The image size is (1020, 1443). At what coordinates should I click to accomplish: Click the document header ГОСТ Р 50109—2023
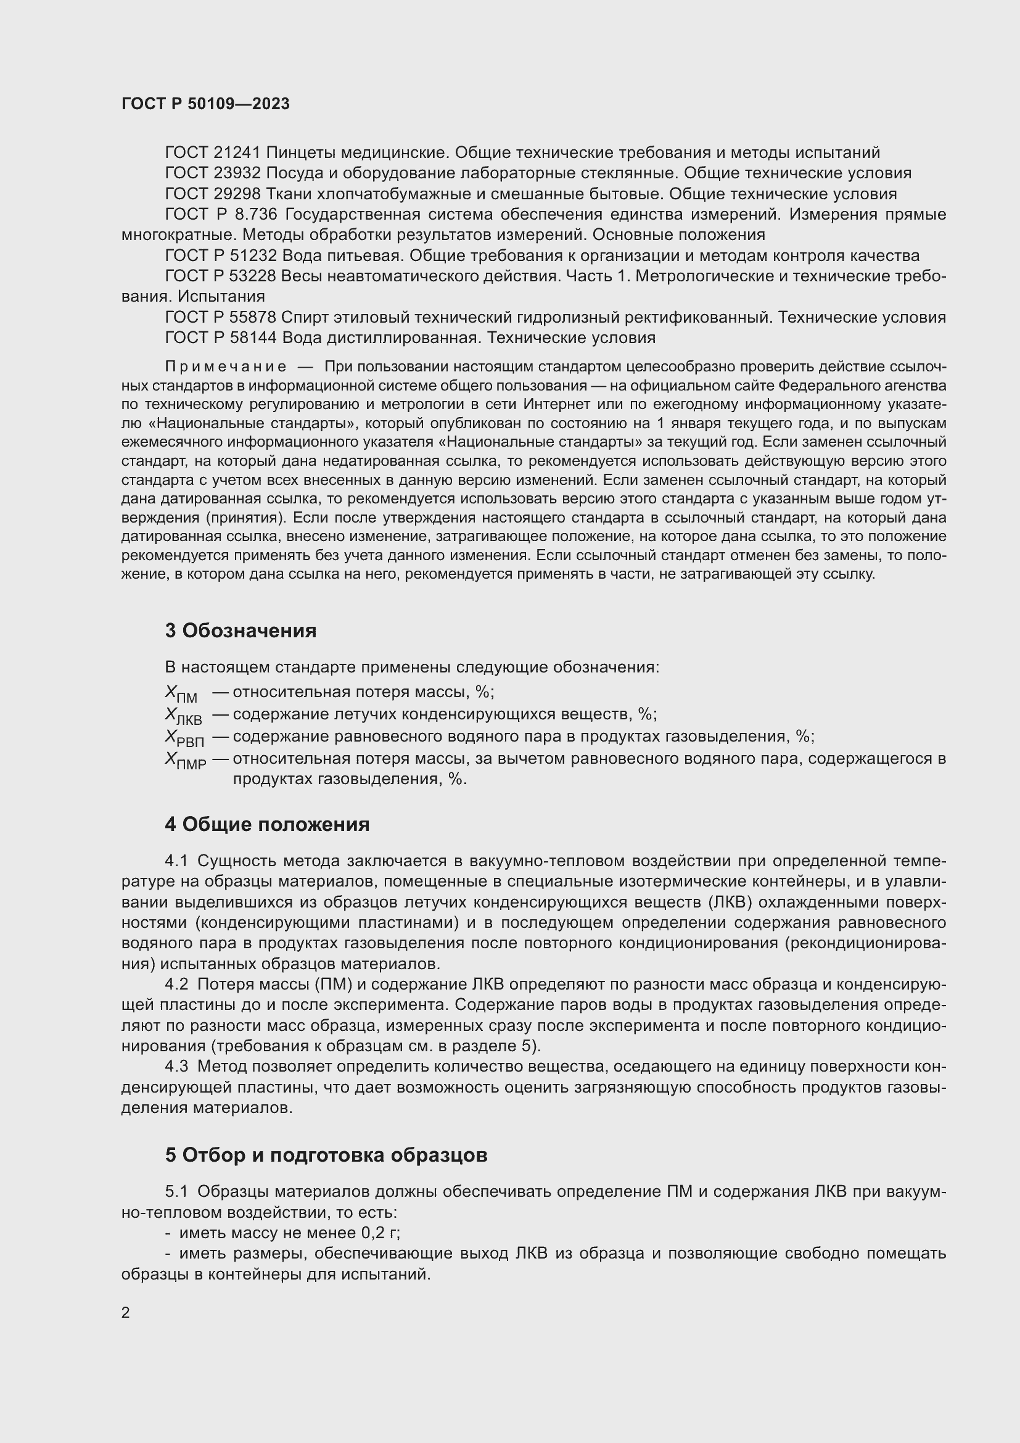coord(205,104)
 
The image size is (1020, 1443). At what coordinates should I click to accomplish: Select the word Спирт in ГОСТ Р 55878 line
coord(304,318)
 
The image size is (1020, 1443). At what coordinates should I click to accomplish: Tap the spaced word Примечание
coord(226,367)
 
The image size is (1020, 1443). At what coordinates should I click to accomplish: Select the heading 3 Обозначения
coord(241,631)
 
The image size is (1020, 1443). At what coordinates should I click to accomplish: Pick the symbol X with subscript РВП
coord(184,738)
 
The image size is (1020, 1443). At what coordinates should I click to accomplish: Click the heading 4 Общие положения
coord(267,825)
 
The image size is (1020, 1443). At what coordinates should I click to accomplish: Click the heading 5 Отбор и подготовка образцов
coord(326,1155)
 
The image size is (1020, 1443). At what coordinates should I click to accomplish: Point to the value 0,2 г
coord(380,1233)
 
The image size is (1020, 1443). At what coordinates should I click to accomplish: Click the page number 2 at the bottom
coord(126,1313)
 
